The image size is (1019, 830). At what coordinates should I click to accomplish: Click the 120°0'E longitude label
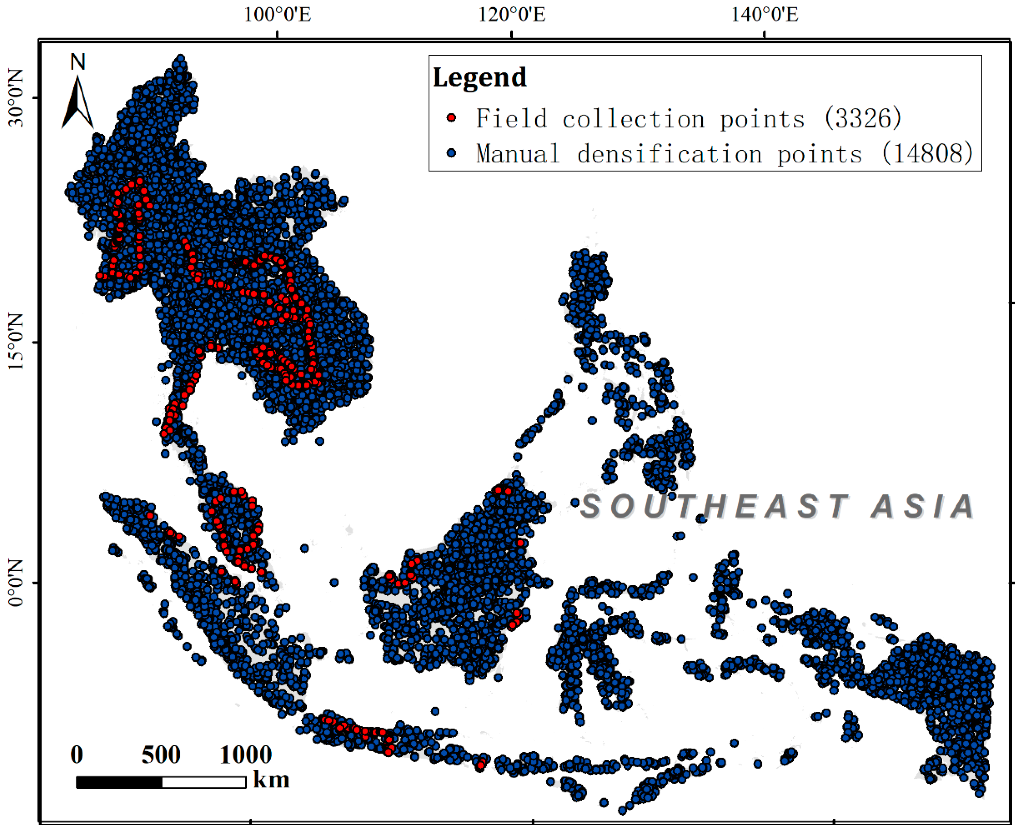(x=511, y=15)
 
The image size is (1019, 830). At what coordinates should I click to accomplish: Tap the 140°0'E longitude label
(x=764, y=15)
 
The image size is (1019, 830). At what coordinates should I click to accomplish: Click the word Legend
(x=479, y=77)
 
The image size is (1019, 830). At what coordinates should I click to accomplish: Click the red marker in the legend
(x=451, y=118)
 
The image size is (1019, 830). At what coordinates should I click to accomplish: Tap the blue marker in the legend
(x=451, y=153)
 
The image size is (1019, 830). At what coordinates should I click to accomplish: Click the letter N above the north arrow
(x=77, y=62)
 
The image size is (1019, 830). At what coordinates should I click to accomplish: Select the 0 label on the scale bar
(x=76, y=755)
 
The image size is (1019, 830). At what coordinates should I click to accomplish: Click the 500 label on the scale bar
(x=161, y=755)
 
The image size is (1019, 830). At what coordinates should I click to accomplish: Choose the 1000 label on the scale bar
(x=246, y=755)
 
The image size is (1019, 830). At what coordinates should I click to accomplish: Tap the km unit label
(x=271, y=780)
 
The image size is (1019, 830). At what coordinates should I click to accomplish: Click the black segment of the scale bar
(x=119, y=782)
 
